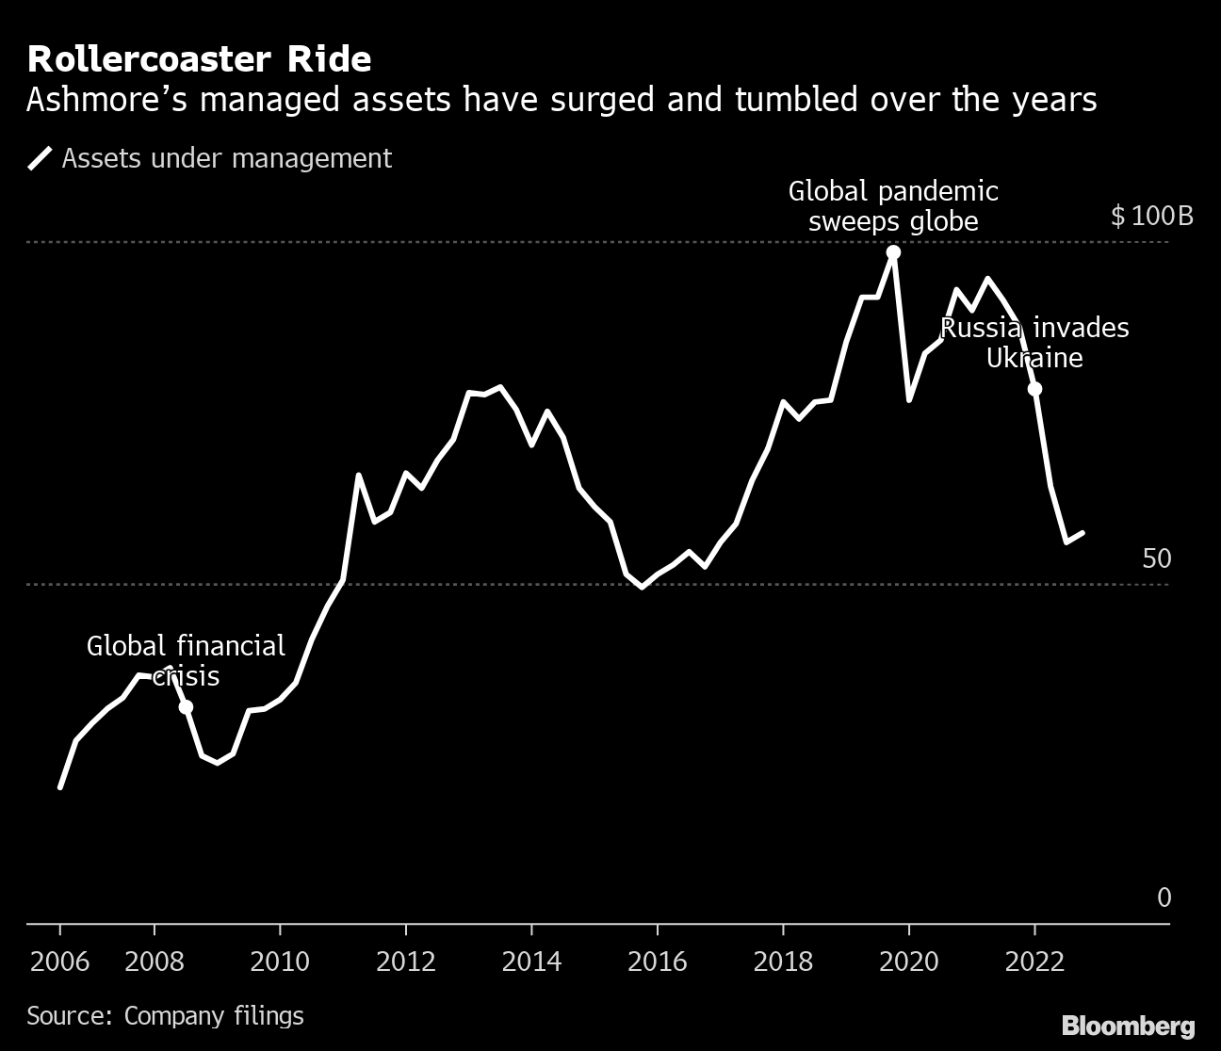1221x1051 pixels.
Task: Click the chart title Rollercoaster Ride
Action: [199, 59]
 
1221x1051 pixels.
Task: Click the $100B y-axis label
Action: [1151, 217]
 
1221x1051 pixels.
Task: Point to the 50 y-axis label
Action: [1156, 558]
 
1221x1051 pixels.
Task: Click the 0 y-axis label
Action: [1164, 898]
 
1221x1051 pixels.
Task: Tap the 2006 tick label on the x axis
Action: [59, 962]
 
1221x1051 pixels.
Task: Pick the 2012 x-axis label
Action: [405, 962]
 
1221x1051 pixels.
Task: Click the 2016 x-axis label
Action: [657, 962]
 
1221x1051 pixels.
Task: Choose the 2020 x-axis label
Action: [908, 962]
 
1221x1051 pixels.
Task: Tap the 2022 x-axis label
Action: [1034, 962]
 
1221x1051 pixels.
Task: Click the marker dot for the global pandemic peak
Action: [893, 252]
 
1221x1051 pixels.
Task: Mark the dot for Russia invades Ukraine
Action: [1034, 389]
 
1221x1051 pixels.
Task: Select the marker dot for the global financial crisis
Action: [186, 707]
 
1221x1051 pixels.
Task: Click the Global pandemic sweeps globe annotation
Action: [893, 206]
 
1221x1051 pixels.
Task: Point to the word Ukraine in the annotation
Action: [1034, 358]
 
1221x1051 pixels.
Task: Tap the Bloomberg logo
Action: [1128, 1025]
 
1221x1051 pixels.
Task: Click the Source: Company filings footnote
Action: [165, 1015]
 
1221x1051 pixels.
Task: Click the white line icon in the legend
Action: [40, 158]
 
